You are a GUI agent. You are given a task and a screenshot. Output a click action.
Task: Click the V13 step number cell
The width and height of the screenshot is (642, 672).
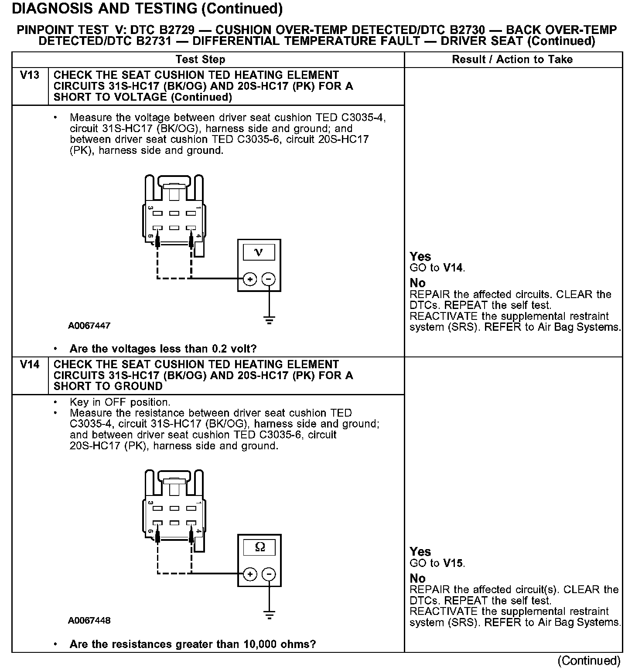(x=30, y=75)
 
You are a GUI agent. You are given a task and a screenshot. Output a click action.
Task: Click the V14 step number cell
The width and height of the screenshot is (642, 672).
(x=30, y=364)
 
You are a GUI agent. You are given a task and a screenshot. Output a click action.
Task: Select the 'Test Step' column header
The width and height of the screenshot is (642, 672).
(x=200, y=60)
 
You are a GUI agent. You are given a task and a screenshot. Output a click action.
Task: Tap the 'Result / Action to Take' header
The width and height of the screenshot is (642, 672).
(x=512, y=60)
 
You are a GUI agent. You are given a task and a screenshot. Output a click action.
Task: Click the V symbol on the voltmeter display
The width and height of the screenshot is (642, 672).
(x=259, y=252)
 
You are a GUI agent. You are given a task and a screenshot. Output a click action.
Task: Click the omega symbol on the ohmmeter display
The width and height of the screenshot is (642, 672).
(x=260, y=547)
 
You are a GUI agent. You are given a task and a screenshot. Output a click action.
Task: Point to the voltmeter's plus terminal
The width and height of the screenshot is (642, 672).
(x=249, y=279)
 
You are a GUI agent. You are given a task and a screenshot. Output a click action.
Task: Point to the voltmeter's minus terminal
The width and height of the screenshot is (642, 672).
(x=269, y=279)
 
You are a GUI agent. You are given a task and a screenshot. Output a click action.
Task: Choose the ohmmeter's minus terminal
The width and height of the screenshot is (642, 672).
(x=269, y=574)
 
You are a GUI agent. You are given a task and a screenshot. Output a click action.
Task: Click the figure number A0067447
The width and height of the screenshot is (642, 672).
(x=89, y=326)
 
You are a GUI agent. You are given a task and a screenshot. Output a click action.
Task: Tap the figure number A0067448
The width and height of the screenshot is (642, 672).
(x=89, y=620)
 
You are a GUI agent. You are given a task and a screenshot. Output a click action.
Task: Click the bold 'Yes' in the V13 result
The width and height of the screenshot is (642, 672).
(x=420, y=256)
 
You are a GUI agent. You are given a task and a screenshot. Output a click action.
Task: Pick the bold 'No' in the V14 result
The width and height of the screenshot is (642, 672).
(x=417, y=578)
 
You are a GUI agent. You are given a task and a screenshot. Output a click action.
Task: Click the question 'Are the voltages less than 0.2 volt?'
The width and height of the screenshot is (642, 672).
(x=163, y=349)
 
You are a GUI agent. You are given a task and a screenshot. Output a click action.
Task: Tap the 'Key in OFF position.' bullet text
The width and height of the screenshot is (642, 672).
(x=120, y=402)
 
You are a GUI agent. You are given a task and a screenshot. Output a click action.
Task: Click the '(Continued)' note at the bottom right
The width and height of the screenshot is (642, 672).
(x=589, y=661)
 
